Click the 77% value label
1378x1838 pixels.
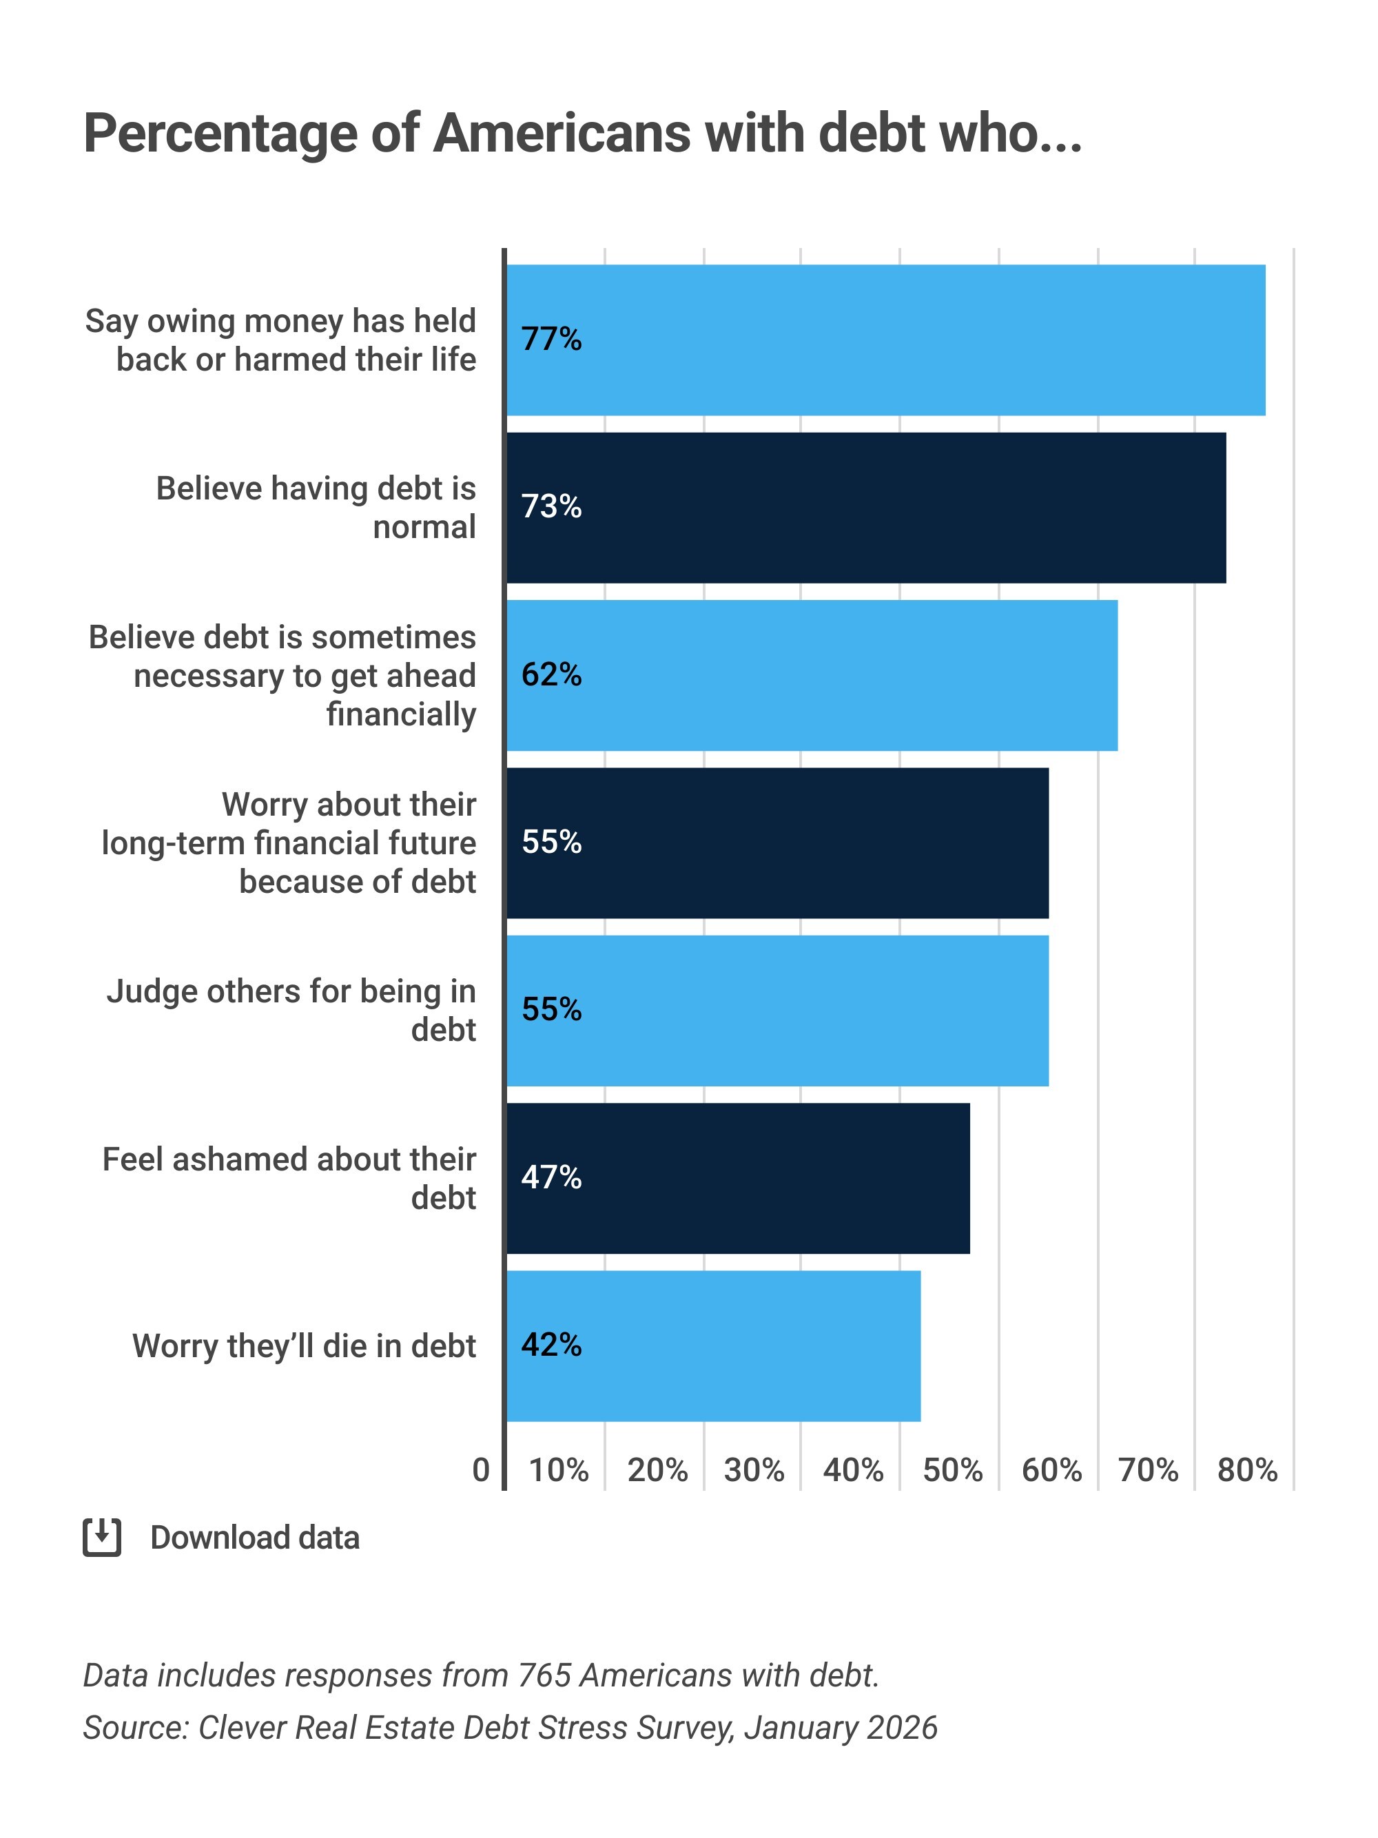coord(551,339)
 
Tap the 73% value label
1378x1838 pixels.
coord(551,507)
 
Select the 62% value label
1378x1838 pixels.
coord(551,674)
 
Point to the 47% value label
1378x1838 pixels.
coord(551,1177)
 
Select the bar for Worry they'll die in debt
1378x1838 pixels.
coord(713,1345)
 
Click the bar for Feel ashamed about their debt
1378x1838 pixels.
coord(738,1177)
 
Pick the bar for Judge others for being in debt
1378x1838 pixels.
coord(777,1011)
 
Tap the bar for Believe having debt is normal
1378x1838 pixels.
coord(866,507)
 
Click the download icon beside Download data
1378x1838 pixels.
coord(102,1537)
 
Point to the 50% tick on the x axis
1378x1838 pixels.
coord(952,1471)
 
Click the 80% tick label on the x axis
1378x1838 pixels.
coord(1246,1471)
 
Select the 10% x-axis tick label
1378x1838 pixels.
coord(559,1471)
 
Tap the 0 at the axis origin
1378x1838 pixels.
coord(480,1471)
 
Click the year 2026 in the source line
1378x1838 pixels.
coord(902,1728)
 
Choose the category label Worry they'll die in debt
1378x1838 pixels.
coord(304,1345)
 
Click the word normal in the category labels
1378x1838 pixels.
coord(424,527)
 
